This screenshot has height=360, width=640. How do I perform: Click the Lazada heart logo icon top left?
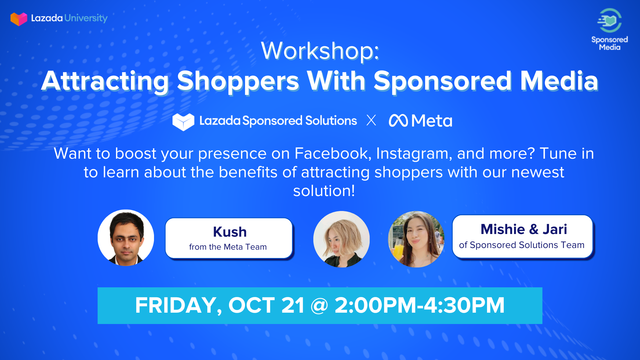(19, 19)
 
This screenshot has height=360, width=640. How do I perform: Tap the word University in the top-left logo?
(86, 18)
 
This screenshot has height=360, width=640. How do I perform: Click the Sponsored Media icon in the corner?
(609, 20)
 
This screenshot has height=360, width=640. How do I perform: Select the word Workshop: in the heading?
(320, 51)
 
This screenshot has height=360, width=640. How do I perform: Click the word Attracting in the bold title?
(105, 81)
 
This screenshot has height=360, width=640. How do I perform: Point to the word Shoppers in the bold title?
(238, 81)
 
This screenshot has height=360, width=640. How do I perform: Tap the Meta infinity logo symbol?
(398, 121)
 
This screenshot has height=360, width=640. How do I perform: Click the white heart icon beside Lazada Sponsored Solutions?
(183, 122)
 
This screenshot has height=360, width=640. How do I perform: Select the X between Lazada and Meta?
(371, 120)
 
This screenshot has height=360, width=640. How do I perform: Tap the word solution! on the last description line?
(324, 191)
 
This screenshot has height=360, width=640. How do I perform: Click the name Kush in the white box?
(230, 232)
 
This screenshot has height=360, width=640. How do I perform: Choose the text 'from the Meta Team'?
(228, 247)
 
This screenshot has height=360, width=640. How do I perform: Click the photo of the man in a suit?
(126, 238)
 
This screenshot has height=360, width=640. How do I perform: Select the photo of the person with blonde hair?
(341, 239)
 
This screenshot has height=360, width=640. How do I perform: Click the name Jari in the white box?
(555, 229)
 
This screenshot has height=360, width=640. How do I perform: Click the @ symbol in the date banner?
(319, 306)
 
